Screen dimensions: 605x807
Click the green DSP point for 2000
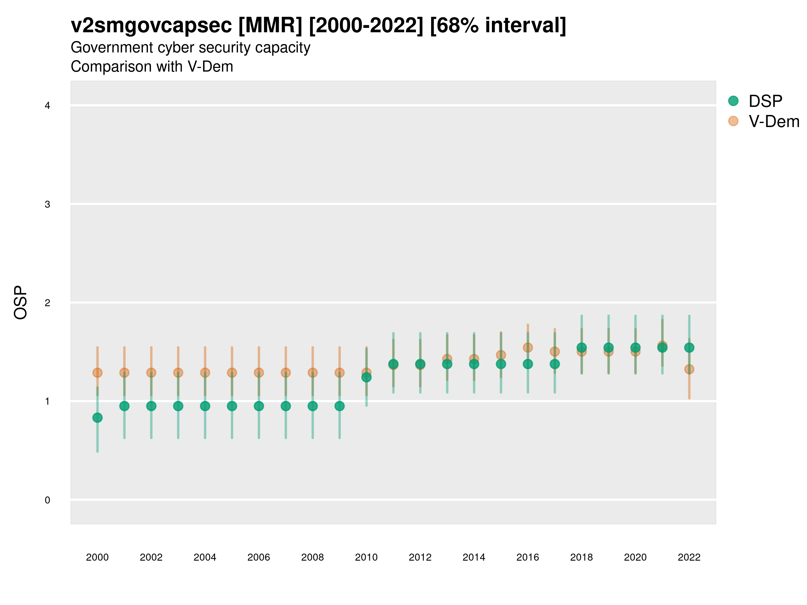pyautogui.click(x=98, y=417)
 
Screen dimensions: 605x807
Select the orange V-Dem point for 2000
pyautogui.click(x=98, y=373)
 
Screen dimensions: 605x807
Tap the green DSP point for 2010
pyautogui.click(x=366, y=377)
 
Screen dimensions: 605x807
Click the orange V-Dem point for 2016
pyautogui.click(x=528, y=348)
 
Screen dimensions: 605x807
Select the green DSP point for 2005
pyautogui.click(x=232, y=406)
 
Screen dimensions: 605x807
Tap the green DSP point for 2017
pyautogui.click(x=554, y=364)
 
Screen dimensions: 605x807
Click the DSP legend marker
pyautogui.click(x=733, y=100)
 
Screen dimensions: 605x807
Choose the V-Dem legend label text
pyautogui.click(x=774, y=121)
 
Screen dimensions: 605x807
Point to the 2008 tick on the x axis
pyautogui.click(x=313, y=557)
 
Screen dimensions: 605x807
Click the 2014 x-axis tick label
pyautogui.click(x=474, y=557)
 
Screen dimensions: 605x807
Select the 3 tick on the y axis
pyautogui.click(x=47, y=204)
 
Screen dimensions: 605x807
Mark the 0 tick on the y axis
pyautogui.click(x=47, y=500)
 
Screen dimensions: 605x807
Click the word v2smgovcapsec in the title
pyautogui.click(x=151, y=26)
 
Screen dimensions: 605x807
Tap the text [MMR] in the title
pyautogui.click(x=270, y=26)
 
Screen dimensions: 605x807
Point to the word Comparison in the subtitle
pyautogui.click(x=126, y=67)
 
